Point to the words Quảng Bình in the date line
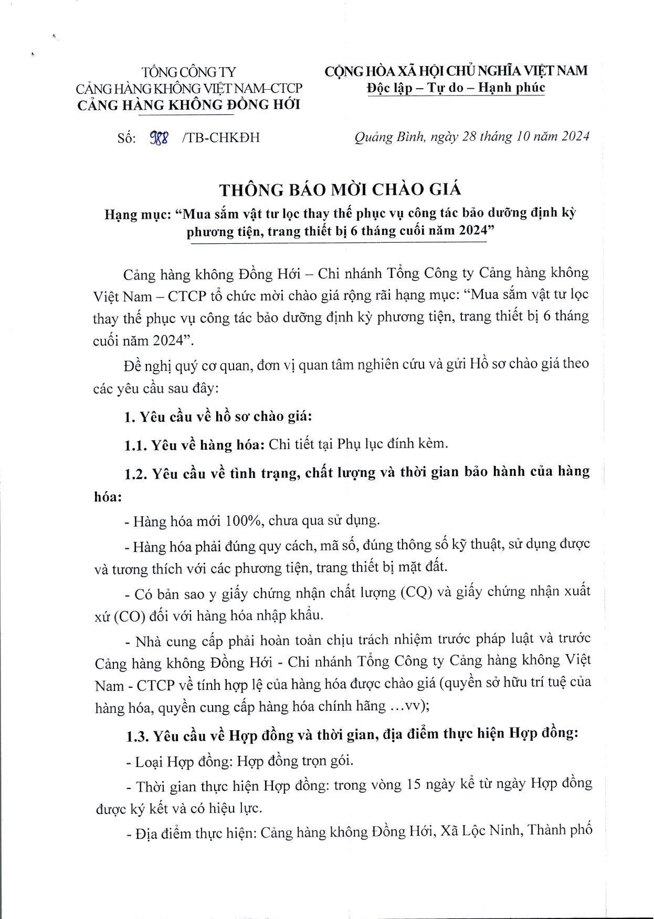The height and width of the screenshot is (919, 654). tap(389, 137)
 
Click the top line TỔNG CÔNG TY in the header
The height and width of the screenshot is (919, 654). tap(188, 72)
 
